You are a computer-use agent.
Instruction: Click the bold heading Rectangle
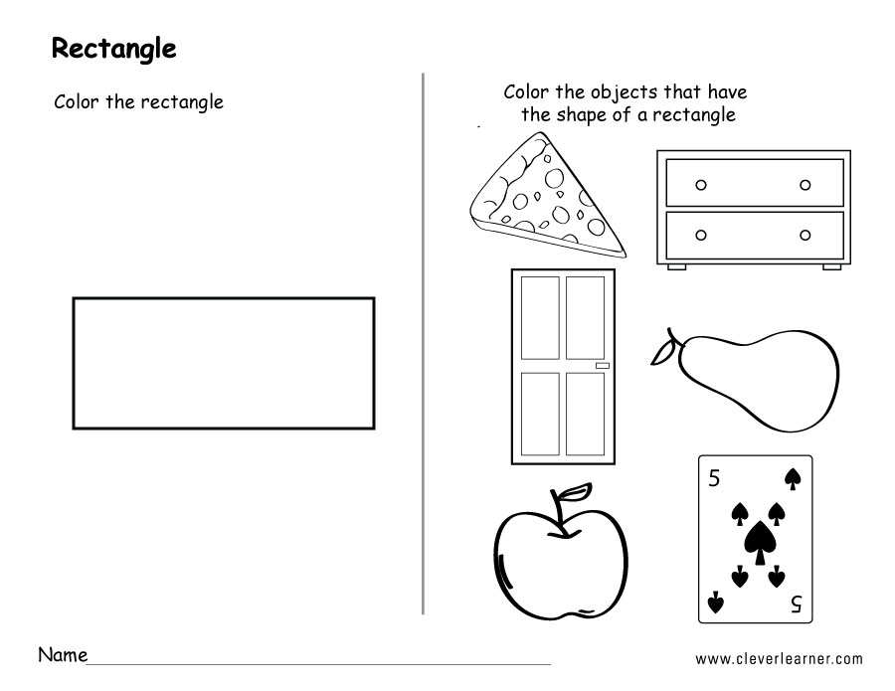113,49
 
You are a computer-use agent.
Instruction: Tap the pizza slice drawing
547,196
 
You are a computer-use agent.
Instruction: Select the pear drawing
746,380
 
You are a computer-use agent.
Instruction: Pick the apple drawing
561,553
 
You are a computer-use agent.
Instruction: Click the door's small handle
603,366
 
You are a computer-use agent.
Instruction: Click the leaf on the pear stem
662,354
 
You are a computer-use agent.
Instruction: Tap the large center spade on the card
759,542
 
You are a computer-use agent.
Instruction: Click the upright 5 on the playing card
713,478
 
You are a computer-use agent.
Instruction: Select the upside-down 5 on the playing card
797,604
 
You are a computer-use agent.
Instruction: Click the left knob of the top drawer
701,185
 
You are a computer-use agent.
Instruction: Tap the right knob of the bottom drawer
805,235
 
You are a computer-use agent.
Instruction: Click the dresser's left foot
677,266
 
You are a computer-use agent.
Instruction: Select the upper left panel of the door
540,318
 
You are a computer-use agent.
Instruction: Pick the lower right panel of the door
585,414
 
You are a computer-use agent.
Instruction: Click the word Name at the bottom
63,654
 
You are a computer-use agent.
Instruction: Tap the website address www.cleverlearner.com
779,659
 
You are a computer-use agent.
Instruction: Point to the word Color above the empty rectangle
78,101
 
